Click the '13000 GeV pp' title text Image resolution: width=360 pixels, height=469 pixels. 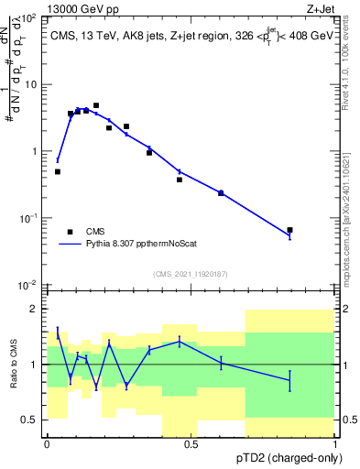click(x=80, y=8)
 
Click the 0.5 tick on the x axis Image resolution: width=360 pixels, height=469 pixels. click(x=191, y=444)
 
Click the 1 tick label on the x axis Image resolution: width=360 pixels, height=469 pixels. click(x=334, y=444)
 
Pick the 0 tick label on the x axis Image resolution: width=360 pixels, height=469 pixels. click(x=47, y=444)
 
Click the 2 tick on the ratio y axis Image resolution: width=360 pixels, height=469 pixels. click(x=34, y=310)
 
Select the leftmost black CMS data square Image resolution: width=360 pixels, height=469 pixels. click(x=58, y=171)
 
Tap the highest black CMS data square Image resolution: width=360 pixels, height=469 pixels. click(x=96, y=105)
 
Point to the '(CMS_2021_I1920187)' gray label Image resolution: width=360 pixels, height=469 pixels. click(x=191, y=274)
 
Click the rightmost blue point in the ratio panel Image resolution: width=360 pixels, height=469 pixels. click(x=289, y=379)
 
